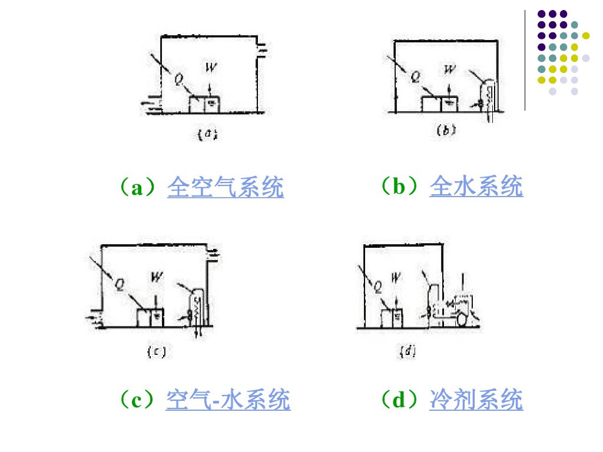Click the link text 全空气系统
point(226,188)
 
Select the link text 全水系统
point(476,187)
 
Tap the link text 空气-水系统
point(228,400)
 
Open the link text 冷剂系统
point(476,400)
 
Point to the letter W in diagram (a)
point(211,68)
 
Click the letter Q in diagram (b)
point(415,77)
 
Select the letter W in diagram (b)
point(450,70)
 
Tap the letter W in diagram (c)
point(156,276)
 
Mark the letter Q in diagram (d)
point(377,287)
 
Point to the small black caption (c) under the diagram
point(155,353)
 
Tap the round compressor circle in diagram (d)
point(460,319)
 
